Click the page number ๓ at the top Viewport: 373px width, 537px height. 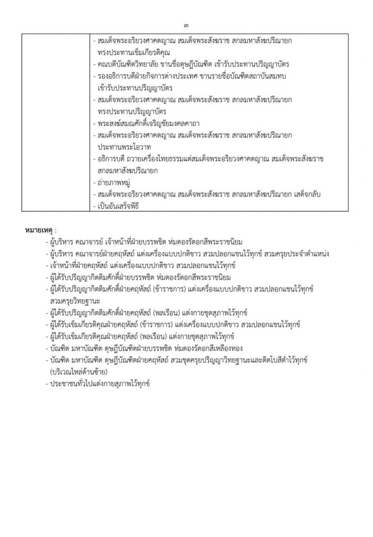(x=187, y=25)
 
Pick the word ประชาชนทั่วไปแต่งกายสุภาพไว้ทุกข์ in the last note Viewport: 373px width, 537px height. (x=100, y=384)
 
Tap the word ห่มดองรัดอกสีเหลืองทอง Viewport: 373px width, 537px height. (x=212, y=349)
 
